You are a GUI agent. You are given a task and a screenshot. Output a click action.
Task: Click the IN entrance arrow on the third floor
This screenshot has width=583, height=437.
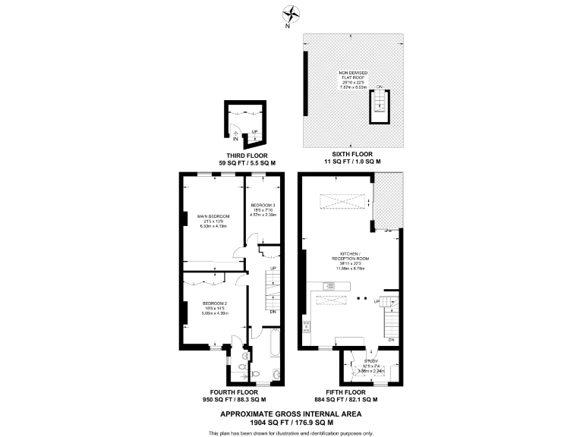pos(236,139)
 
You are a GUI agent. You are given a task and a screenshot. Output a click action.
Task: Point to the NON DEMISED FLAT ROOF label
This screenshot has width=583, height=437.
pos(353,77)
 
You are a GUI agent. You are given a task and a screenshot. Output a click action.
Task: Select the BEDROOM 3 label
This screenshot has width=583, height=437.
pos(263,205)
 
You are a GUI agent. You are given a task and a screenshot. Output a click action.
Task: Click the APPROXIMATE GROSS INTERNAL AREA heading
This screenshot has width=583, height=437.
pos(291,413)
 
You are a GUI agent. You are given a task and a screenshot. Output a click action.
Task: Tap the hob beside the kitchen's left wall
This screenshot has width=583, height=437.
pos(307,327)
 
